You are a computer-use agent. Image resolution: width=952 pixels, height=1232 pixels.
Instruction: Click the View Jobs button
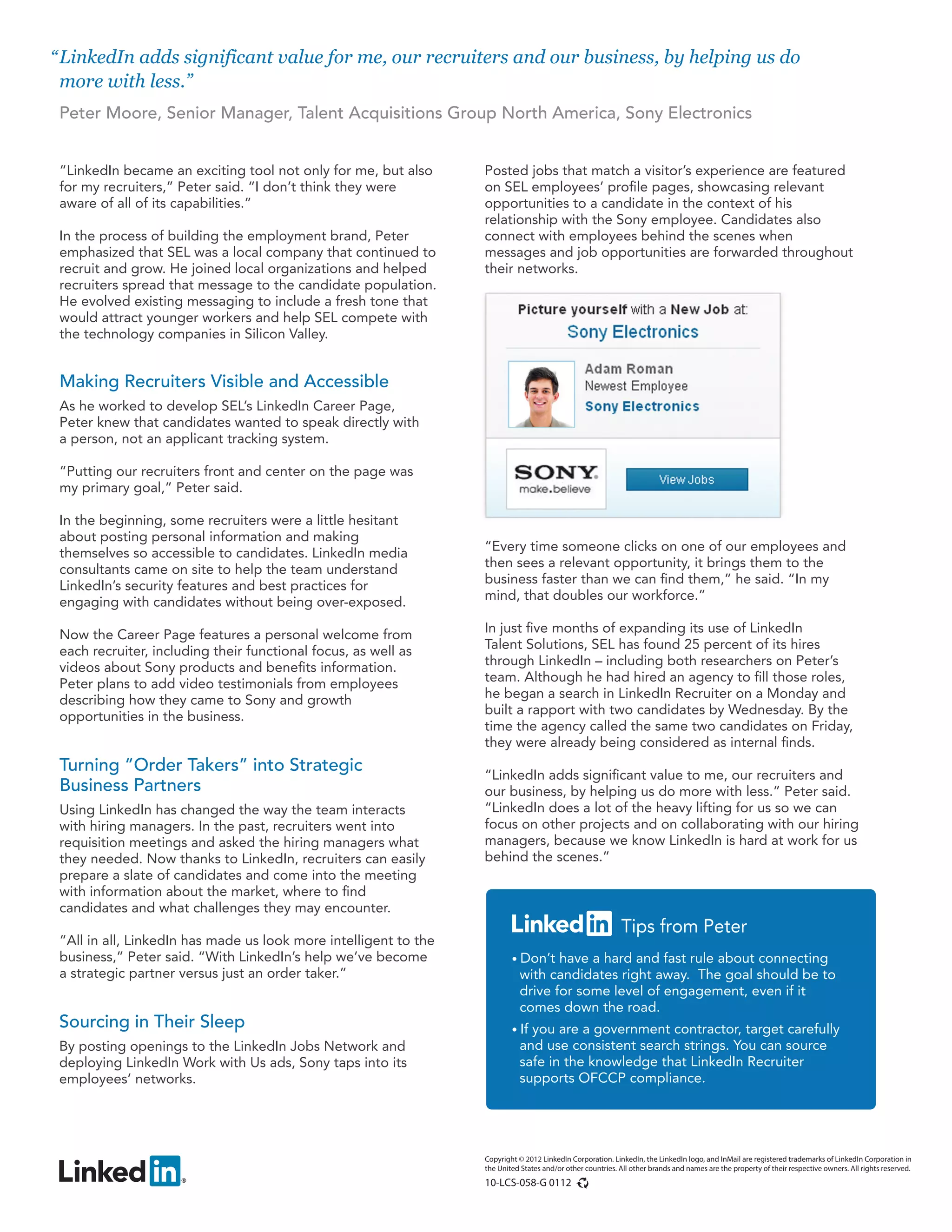coord(687,479)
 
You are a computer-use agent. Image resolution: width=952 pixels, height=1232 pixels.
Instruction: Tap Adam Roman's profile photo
coord(541,394)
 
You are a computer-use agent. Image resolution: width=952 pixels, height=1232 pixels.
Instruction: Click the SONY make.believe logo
coord(555,479)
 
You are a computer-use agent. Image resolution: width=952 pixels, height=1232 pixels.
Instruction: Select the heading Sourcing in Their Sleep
coord(152,1021)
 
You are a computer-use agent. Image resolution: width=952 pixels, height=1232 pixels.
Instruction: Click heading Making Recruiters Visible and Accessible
coord(224,381)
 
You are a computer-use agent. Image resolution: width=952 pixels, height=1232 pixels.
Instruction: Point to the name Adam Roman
coord(628,369)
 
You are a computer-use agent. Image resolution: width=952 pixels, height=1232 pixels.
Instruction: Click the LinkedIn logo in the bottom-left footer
coord(121,1172)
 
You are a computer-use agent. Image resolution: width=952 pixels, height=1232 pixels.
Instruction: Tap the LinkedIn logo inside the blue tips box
coord(561,924)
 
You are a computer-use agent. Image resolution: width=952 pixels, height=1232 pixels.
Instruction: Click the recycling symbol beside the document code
coord(583,1183)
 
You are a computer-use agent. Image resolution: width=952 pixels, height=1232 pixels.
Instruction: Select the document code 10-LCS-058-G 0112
coord(527,1183)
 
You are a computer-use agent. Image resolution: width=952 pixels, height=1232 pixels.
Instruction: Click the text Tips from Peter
coord(683,926)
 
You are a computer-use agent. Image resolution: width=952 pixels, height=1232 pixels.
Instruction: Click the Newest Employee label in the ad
coord(635,386)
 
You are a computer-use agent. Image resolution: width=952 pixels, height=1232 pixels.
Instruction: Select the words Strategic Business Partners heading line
coord(130,785)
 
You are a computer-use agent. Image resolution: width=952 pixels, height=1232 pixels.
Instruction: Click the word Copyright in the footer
coord(500,1159)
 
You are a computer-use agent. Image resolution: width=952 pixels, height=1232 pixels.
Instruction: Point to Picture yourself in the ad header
coord(572,310)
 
